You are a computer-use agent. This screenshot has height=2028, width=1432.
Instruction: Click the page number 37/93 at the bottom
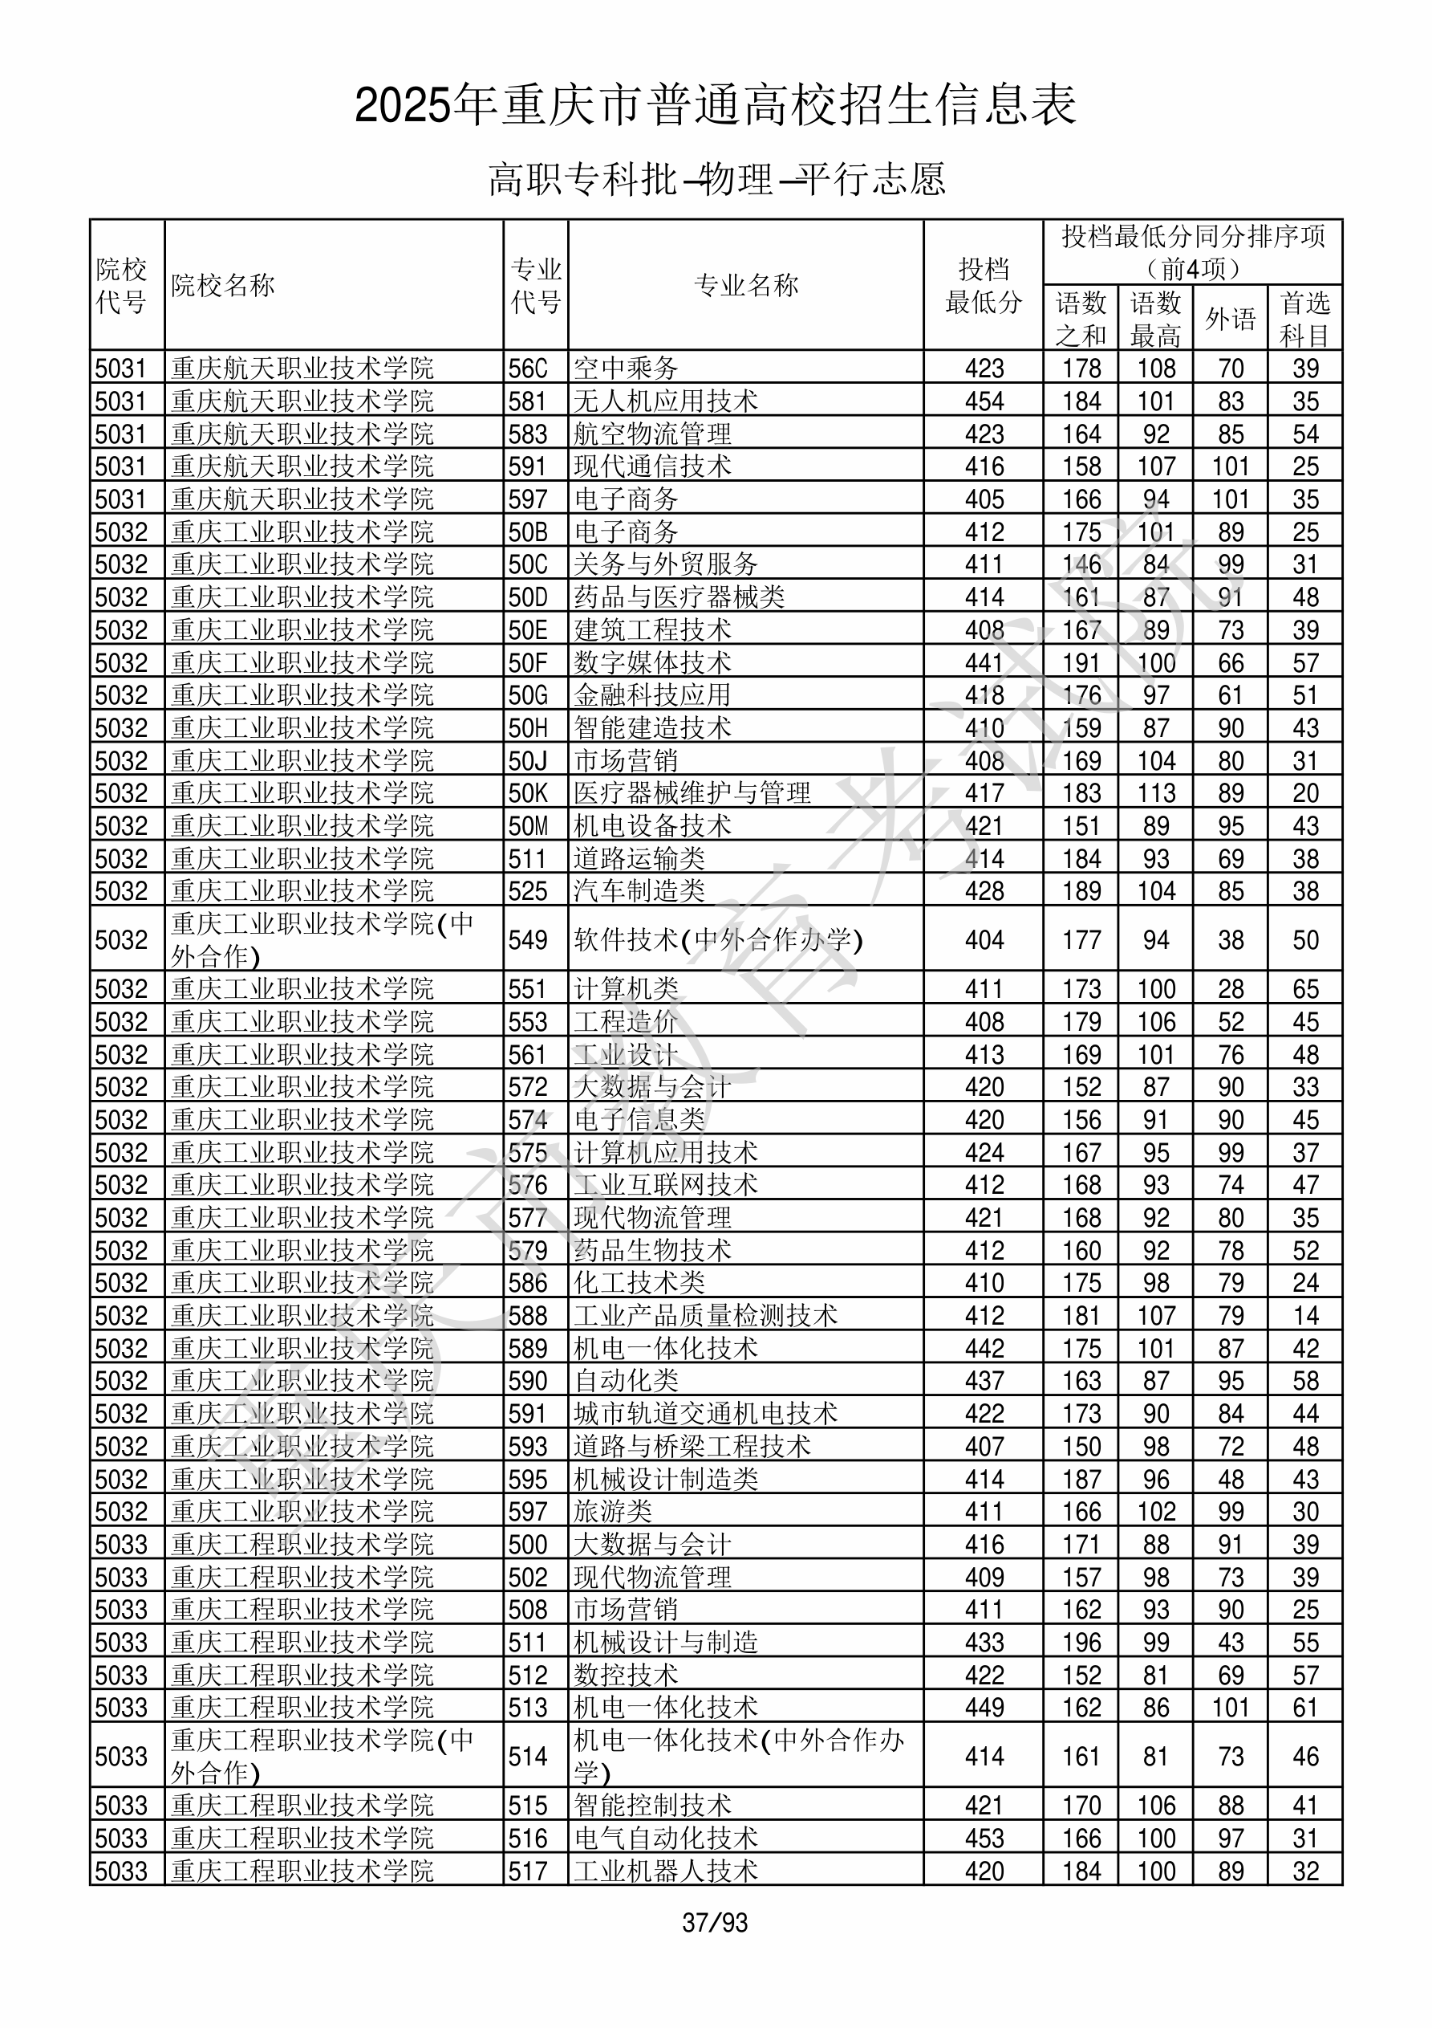714,1923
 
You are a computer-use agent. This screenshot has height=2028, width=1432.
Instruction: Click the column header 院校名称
222,285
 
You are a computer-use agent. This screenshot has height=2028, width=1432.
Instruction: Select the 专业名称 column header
746,285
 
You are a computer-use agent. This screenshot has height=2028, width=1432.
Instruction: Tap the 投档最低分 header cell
984,285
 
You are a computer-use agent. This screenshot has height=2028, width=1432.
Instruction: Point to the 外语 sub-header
1230,319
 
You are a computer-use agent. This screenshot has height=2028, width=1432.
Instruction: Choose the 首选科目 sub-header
1305,319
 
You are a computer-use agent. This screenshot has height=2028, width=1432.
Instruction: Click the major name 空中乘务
626,369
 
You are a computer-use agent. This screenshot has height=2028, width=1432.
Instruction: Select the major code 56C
528,369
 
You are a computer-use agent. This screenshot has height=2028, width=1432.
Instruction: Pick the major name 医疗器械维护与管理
692,793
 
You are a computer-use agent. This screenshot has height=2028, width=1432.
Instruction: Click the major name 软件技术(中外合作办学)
718,940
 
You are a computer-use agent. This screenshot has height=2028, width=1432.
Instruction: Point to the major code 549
528,940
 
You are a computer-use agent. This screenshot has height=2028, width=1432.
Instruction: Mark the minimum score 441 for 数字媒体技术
984,662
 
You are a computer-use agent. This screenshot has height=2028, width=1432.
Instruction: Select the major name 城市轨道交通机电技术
705,1414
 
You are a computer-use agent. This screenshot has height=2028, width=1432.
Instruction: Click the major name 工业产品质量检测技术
705,1316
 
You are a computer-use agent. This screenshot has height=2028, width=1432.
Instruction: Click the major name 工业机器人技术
666,1871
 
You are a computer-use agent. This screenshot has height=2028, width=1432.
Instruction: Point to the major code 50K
528,793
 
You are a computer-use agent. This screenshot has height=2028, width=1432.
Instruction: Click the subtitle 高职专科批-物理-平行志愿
716,179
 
